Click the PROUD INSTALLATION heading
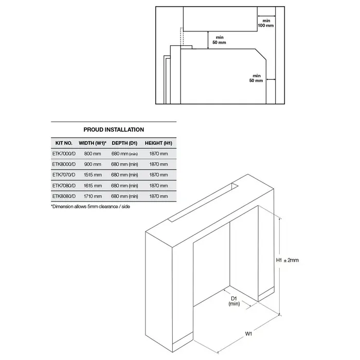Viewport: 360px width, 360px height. tap(114, 130)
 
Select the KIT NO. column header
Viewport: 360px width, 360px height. tap(64, 143)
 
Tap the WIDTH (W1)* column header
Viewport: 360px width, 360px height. tap(93, 143)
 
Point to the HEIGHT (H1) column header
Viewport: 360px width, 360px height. tap(158, 143)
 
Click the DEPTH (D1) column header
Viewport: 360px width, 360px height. tap(124, 143)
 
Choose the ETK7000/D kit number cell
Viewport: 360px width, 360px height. tap(64, 154)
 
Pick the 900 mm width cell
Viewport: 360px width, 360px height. tap(93, 165)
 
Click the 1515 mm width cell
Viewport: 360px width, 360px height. tap(93, 175)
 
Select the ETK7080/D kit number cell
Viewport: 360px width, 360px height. tap(64, 186)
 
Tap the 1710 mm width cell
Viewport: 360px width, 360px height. tap(93, 196)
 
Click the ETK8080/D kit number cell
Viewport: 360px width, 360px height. tap(64, 196)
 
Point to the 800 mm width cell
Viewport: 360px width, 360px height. tap(93, 154)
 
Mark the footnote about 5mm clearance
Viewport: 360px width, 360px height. tap(91, 207)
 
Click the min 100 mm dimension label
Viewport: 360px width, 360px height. tap(266, 23)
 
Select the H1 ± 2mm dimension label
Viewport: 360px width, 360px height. tap(287, 260)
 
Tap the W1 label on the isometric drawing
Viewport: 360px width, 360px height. tap(248, 334)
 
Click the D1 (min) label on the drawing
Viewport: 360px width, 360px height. tap(234, 301)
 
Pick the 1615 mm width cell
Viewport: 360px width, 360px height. tap(93, 186)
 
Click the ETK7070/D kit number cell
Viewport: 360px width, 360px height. tap(64, 175)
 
